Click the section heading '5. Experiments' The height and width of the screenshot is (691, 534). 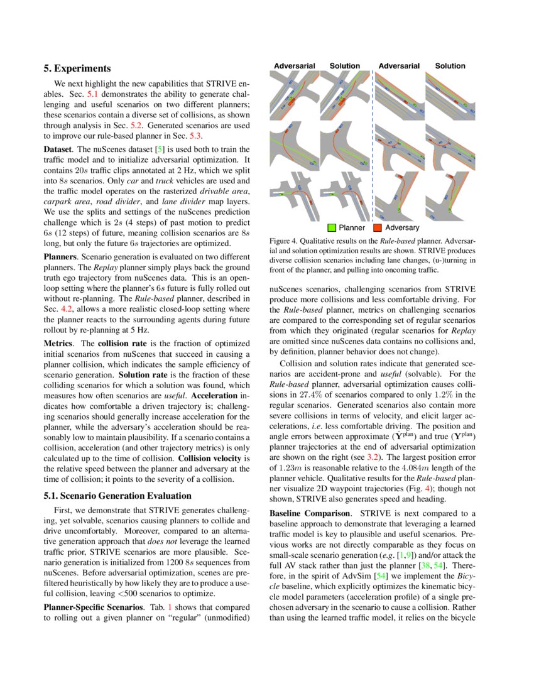(77, 68)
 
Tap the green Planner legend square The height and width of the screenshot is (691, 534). (332, 227)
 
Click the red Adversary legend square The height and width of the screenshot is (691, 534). (378, 227)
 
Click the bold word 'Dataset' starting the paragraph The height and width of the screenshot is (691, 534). (58, 150)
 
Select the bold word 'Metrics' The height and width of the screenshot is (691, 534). (60, 344)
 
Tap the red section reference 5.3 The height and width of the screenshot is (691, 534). (195, 136)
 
